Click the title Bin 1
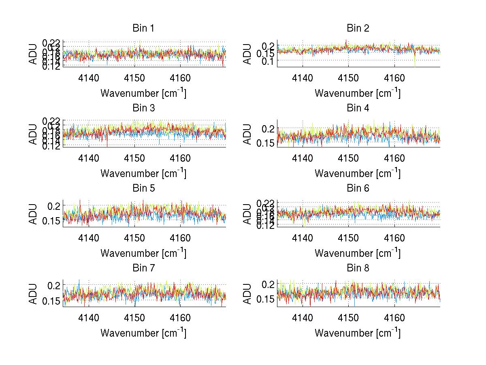point(143,28)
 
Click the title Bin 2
point(358,28)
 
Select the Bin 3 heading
point(143,108)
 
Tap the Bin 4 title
point(358,108)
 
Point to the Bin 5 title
point(143,188)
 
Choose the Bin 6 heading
point(358,188)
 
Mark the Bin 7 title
point(143,268)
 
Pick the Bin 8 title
point(358,268)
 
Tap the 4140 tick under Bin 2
point(303,78)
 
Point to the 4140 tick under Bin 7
point(89,318)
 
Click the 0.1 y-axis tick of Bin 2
point(267,60)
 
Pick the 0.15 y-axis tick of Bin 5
point(51,221)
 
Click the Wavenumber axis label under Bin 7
point(143,333)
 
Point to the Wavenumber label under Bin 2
point(358,93)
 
